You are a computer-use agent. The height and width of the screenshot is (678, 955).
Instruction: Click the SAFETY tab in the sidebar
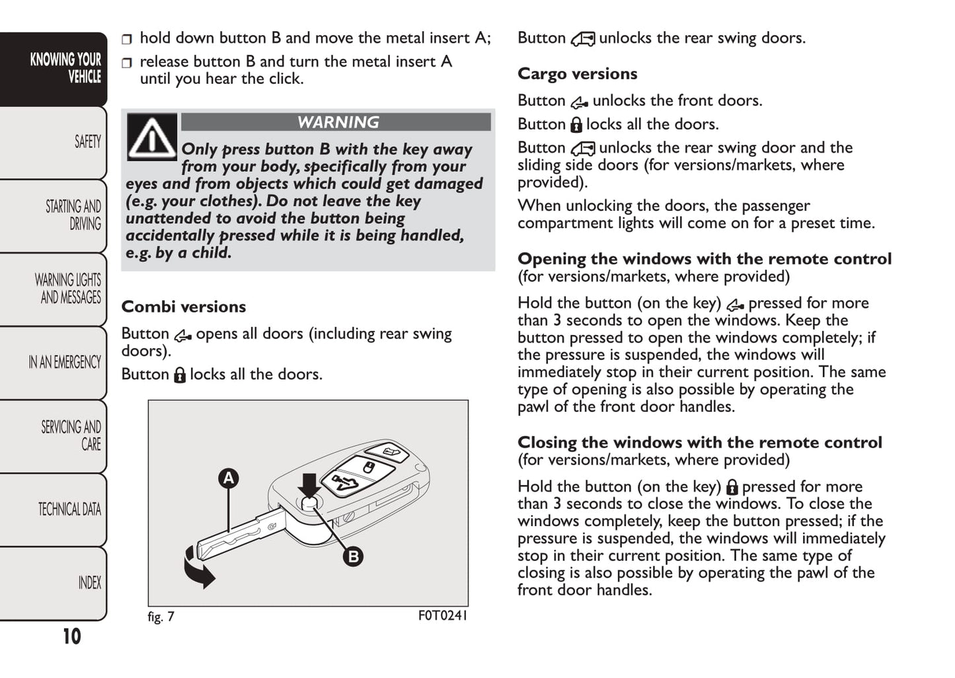tap(87, 142)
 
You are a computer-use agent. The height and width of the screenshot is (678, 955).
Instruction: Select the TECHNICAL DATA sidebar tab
tap(69, 509)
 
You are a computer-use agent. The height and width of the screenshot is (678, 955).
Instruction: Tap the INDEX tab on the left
tap(89, 583)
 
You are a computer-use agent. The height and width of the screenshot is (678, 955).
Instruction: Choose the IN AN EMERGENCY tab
tap(65, 362)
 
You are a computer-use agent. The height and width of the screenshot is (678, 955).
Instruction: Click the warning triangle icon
tap(152, 137)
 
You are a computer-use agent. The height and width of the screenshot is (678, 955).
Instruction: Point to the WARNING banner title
tap(338, 122)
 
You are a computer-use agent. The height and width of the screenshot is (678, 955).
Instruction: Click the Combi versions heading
tap(183, 307)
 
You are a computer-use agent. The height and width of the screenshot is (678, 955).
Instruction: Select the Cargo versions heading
tap(577, 74)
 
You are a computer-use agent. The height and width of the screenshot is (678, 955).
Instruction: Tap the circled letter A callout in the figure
tap(228, 478)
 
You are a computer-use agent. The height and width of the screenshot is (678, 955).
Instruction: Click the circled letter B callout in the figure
tap(354, 556)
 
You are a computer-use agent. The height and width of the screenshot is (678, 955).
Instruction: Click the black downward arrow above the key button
tap(309, 484)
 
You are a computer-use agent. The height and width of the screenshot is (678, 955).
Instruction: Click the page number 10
tap(71, 636)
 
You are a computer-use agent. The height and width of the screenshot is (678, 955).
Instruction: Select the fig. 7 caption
tap(161, 617)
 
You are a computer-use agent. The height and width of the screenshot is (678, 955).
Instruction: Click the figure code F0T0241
tap(442, 617)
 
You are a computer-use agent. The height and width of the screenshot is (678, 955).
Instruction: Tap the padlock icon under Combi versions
tap(180, 375)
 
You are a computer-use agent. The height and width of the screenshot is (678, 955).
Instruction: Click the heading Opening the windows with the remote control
tap(704, 259)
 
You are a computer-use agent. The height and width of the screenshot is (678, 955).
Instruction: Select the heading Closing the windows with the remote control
tap(699, 443)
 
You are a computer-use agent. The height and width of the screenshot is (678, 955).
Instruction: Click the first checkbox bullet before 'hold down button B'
tap(127, 40)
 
